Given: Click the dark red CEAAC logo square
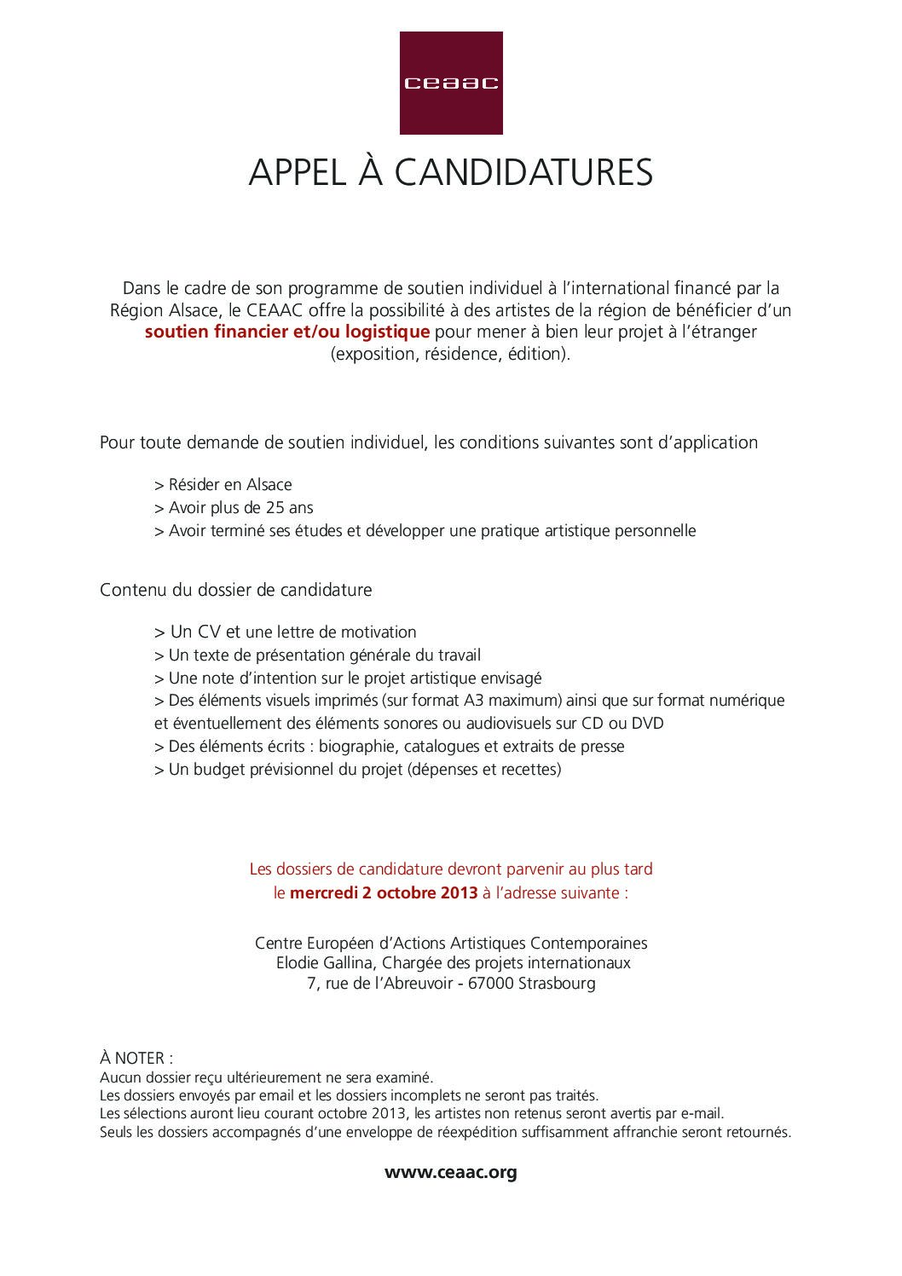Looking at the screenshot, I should tap(451, 83).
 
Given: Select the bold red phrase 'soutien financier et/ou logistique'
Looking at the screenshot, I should tap(286, 332).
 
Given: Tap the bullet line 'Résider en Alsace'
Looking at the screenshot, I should tap(223, 485).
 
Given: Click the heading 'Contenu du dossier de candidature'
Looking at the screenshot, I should tap(236, 590).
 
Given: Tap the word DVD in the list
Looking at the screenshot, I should tap(647, 724).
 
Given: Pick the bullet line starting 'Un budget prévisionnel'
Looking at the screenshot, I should tap(358, 770).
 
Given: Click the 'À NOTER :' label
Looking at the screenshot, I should tap(136, 1058).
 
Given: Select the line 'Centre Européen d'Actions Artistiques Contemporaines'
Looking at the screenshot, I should tap(451, 943).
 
